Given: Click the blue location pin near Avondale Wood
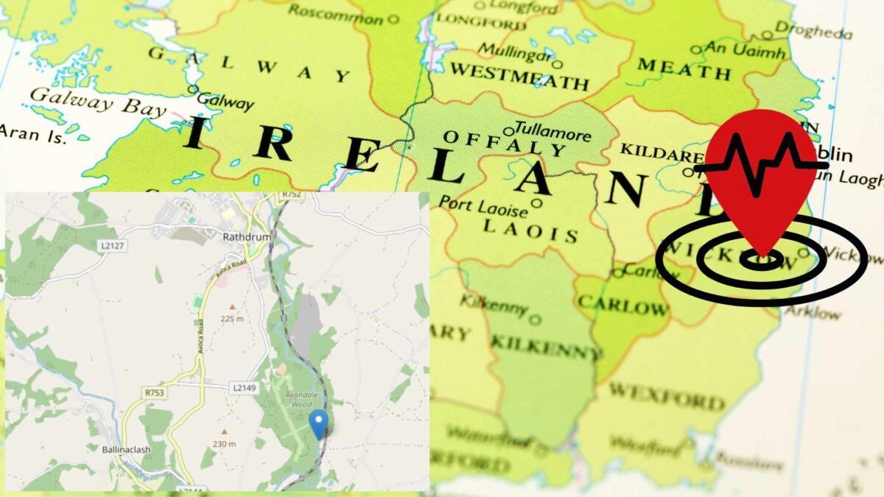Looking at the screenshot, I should coord(318,423).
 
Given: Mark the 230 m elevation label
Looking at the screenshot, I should coord(224,444).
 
